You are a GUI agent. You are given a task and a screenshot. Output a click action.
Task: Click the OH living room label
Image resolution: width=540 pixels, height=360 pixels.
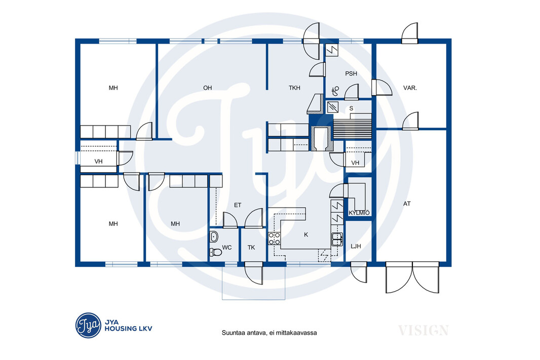point(207,88)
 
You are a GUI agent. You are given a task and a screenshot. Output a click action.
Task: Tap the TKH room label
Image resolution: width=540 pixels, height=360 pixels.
point(294,88)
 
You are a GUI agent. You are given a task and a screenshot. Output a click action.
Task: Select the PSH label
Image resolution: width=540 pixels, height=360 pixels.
point(351,73)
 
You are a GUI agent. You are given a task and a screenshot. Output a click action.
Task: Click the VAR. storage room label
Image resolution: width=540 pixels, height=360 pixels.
point(410,88)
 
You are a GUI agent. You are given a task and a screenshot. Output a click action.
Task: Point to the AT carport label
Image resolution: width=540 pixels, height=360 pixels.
point(407,204)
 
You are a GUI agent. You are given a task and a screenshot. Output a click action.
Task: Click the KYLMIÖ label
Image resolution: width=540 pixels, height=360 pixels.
point(359,213)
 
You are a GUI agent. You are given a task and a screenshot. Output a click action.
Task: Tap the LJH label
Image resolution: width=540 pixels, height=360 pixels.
point(356,247)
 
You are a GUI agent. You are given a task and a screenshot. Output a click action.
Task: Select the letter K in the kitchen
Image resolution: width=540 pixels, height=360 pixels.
point(306,235)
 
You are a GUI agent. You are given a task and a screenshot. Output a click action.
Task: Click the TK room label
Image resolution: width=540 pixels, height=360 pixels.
point(251,248)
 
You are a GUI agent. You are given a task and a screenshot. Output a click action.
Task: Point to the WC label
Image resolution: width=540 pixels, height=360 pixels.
point(226,248)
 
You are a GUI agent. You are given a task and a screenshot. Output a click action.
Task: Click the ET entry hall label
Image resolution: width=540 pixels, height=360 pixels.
point(238,205)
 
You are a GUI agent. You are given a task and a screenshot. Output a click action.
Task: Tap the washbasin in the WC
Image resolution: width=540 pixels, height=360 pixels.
point(214,236)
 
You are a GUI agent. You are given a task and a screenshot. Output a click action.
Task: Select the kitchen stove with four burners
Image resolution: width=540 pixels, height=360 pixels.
point(275,238)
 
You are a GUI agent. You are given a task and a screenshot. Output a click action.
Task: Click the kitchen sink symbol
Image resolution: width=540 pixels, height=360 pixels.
point(337,239)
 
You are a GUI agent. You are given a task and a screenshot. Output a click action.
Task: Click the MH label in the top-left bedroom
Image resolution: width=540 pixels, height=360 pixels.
point(113,88)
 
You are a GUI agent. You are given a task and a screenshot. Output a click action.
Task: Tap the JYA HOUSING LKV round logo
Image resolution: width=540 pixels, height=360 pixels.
point(88,325)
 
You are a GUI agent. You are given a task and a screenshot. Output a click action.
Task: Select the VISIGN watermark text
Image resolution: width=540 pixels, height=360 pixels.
point(423,331)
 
